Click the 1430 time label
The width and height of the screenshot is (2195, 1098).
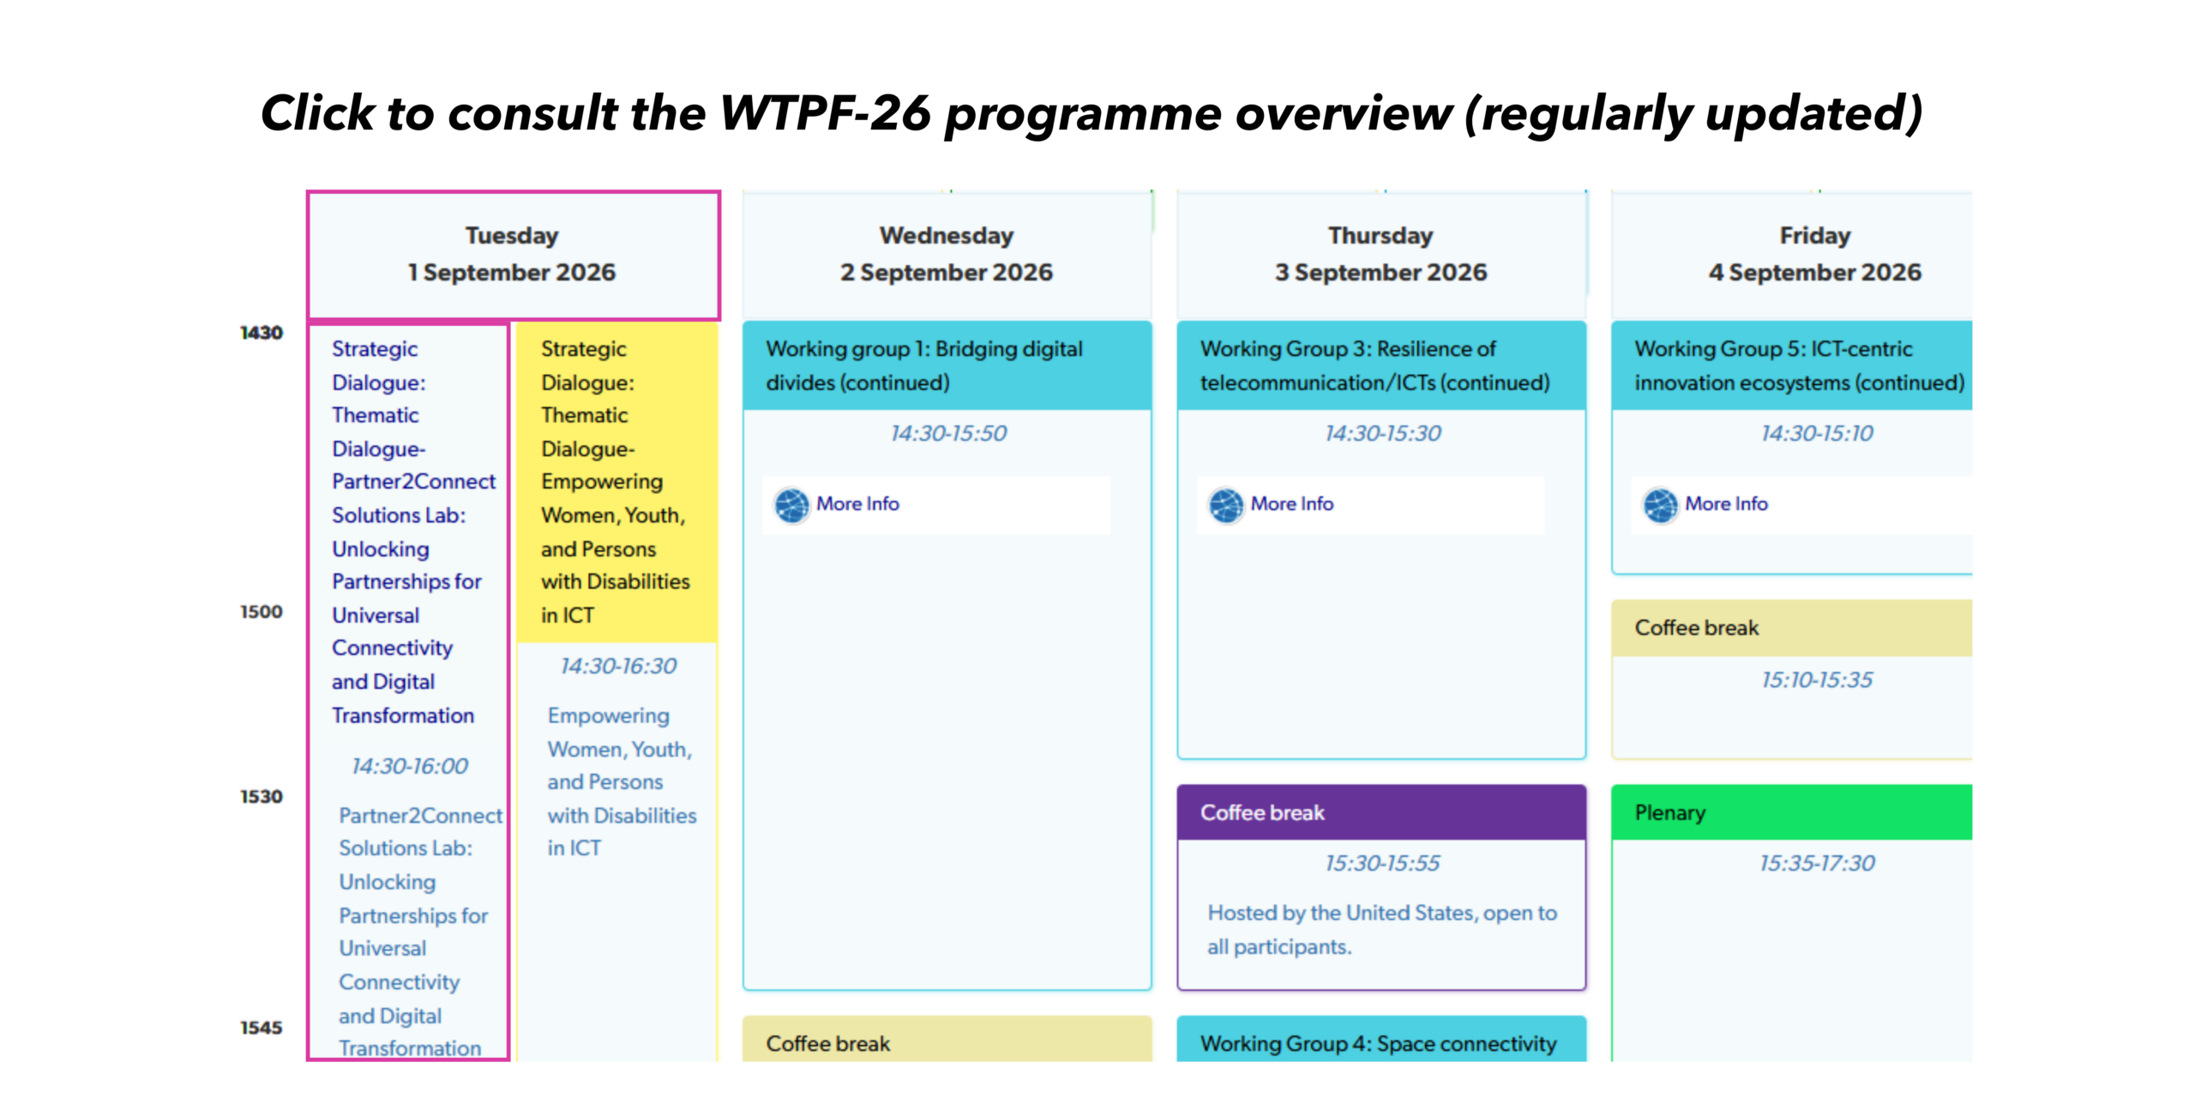[261, 333]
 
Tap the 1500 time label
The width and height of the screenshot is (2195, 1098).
[261, 612]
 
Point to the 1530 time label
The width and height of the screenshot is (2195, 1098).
[261, 797]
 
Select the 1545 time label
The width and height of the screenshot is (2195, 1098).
[261, 1028]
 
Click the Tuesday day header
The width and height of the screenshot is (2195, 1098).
[513, 254]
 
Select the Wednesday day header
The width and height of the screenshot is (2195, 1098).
[947, 254]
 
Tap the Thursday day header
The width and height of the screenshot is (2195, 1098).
[1380, 254]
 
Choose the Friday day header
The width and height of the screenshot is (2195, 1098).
[1814, 254]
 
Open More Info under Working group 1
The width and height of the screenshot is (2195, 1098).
[857, 504]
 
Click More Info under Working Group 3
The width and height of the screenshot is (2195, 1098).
[1291, 504]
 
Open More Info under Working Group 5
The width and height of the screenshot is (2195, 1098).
[1726, 504]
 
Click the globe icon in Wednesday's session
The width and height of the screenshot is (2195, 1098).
[791, 505]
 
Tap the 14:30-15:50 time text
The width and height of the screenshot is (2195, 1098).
[948, 433]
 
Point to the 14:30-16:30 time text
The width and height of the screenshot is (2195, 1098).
[618, 666]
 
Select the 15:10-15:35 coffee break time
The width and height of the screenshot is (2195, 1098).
[1817, 679]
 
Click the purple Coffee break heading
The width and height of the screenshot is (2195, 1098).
[1262, 812]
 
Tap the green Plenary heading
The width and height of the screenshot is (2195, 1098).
[1669, 812]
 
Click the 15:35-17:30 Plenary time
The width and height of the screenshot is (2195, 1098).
[1817, 863]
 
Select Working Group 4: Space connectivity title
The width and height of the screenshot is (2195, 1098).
[1378, 1043]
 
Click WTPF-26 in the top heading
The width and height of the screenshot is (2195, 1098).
[825, 113]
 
